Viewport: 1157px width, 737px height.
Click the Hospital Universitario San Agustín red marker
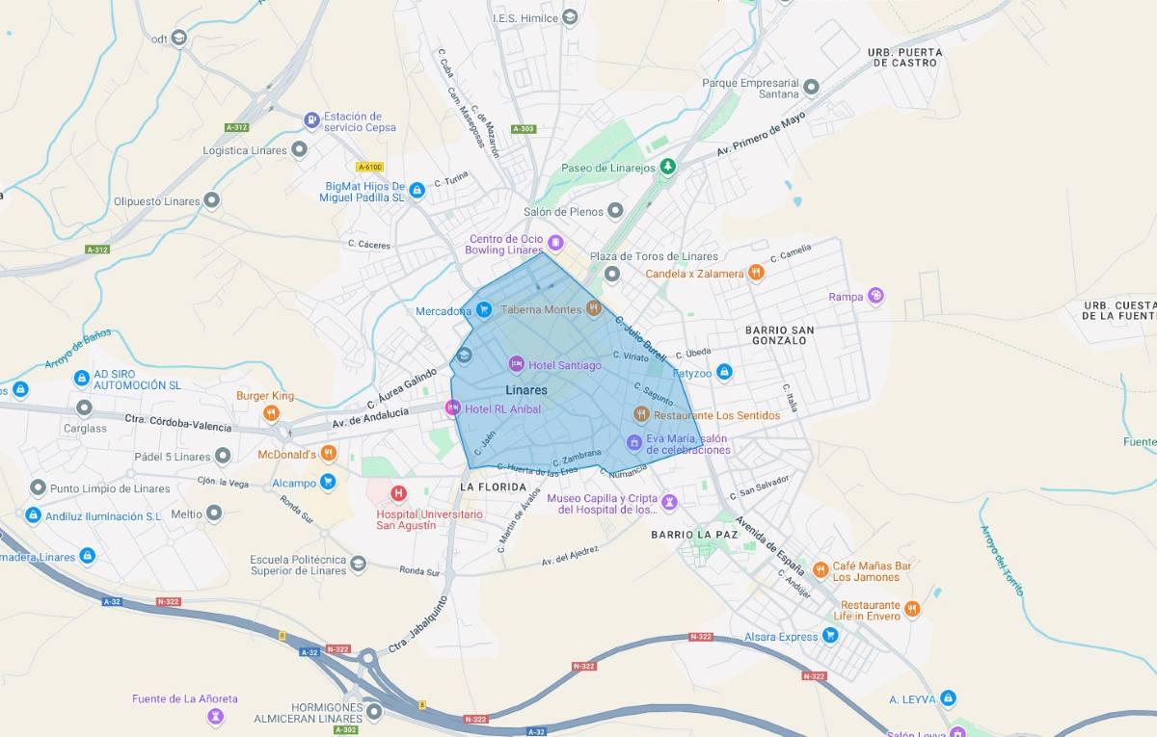pos(398,494)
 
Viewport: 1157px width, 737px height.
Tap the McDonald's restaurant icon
pos(329,453)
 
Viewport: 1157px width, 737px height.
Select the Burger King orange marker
pos(272,413)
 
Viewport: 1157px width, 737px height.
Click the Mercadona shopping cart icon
pos(484,310)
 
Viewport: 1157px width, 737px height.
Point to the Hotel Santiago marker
pos(516,364)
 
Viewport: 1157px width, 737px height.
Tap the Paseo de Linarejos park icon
pos(667,168)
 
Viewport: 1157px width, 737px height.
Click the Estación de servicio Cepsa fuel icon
pos(311,120)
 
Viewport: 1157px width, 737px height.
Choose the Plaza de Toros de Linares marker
pos(611,275)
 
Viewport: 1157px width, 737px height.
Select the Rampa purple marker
pos(875,296)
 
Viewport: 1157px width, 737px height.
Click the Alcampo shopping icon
pos(328,482)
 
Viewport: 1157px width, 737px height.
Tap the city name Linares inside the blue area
pos(526,390)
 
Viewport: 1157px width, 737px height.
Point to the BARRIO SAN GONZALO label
pos(779,335)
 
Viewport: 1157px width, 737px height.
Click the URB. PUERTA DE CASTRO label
pos(904,57)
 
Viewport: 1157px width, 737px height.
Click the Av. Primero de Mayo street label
pos(761,136)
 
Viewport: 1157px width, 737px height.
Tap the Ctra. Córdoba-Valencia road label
pos(178,422)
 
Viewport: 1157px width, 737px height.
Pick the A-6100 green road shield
pos(369,167)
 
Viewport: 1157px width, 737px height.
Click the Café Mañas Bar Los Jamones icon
pos(821,569)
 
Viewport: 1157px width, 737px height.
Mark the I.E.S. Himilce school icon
pos(570,17)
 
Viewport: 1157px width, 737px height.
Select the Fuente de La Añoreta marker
pos(216,716)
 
